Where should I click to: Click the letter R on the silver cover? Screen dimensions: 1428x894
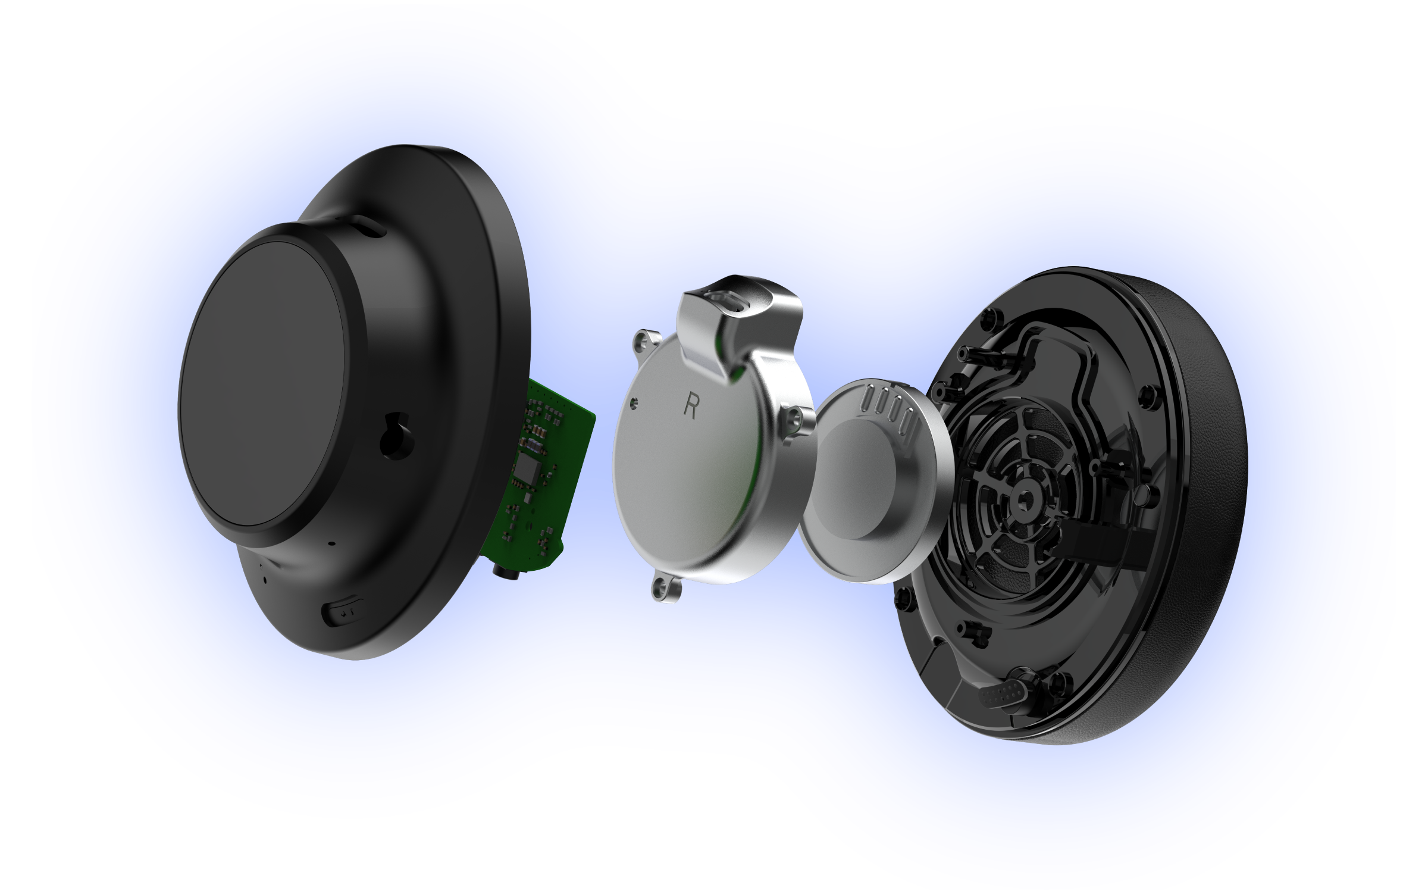691,404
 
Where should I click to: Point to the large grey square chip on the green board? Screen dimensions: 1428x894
528,471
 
